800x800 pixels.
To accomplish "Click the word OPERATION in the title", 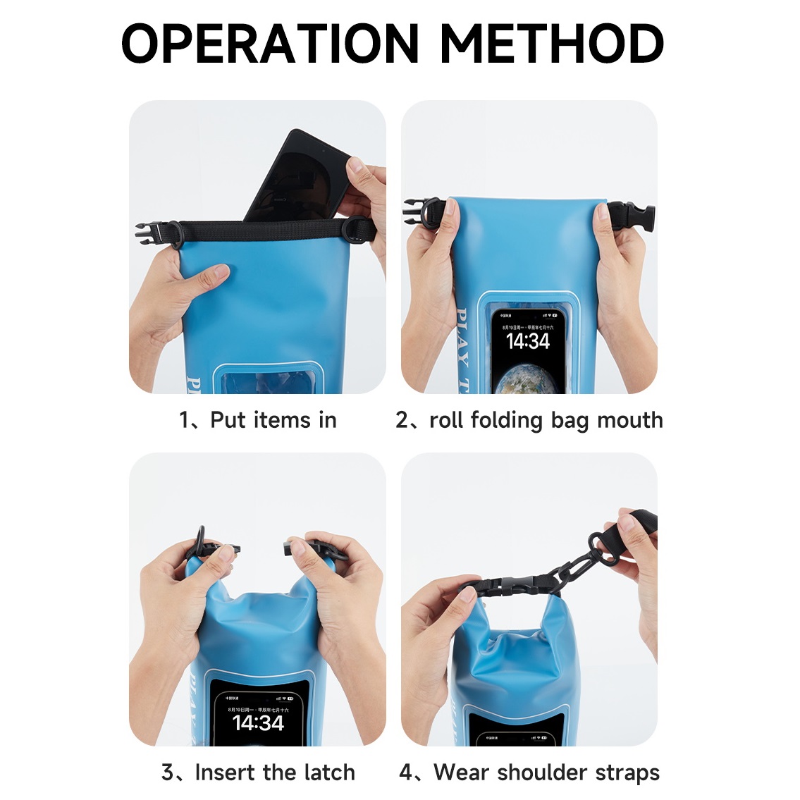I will [x=271, y=44].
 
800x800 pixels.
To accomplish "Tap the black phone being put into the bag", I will [x=296, y=176].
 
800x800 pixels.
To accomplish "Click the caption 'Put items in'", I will [x=273, y=420].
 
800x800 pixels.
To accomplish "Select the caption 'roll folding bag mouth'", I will [x=546, y=420].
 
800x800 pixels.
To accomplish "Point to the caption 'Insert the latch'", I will [x=275, y=773].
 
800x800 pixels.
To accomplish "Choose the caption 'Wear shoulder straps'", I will [x=546, y=773].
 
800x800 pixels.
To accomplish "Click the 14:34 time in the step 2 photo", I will [x=528, y=342].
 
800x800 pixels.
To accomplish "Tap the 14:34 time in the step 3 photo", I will [x=258, y=722].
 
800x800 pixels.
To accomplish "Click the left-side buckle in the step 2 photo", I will [x=421, y=211].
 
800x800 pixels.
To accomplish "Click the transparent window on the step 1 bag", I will [x=268, y=381].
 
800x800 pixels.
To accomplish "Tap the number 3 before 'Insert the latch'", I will [x=168, y=773].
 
